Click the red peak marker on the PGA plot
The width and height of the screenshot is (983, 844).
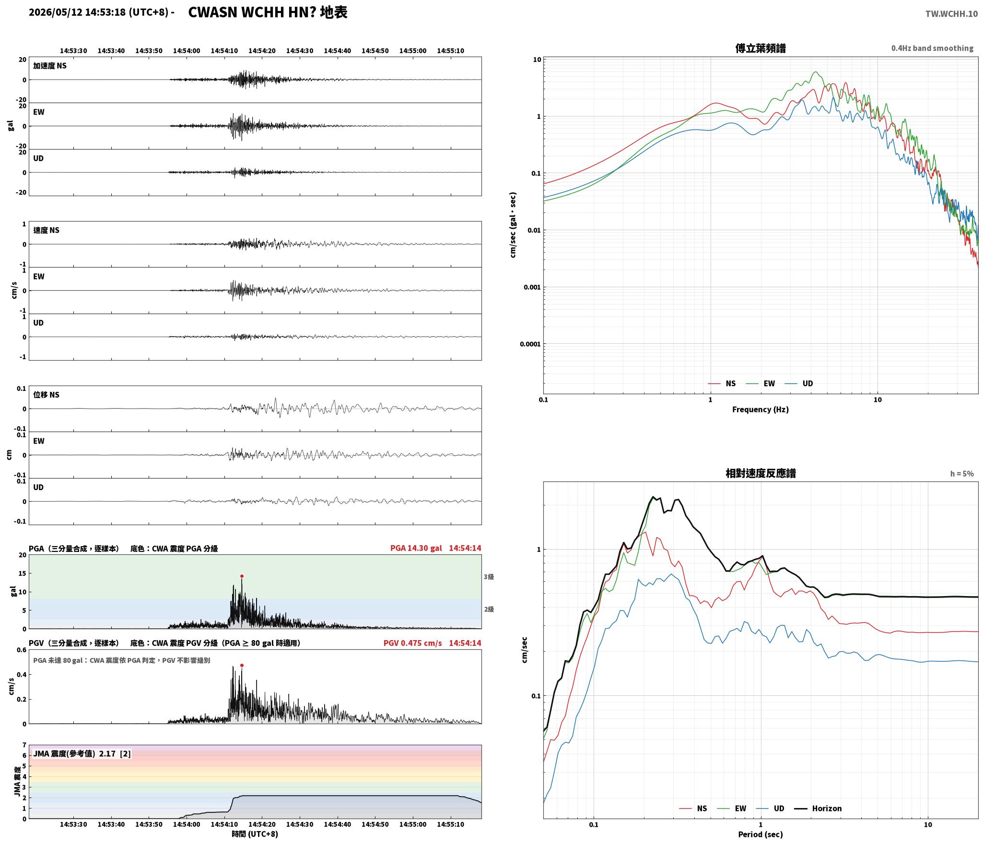(242, 576)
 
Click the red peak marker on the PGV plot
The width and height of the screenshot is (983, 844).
(242, 665)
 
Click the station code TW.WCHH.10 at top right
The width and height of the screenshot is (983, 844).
(951, 14)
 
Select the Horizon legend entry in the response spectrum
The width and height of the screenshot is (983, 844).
(818, 809)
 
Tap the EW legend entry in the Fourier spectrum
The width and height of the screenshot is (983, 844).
(761, 383)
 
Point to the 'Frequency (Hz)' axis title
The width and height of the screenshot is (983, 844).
(760, 409)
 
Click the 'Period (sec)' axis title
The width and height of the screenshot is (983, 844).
(760, 834)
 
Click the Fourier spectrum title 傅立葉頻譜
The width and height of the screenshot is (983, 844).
(760, 48)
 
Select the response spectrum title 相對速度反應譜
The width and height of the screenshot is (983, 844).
(761, 473)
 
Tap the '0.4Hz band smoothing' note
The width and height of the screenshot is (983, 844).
(932, 48)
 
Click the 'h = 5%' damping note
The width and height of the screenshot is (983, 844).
(962, 474)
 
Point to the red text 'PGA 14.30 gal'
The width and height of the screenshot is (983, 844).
(416, 548)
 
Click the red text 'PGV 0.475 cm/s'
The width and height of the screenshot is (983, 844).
(412, 643)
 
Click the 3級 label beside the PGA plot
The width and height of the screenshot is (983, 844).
(489, 577)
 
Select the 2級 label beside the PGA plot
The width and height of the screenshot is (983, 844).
(489, 609)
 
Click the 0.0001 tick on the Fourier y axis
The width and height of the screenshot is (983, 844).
(530, 344)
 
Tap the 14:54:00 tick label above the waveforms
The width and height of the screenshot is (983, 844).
(187, 51)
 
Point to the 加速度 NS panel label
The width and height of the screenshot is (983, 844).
(50, 66)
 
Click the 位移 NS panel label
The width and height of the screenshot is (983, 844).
(46, 395)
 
